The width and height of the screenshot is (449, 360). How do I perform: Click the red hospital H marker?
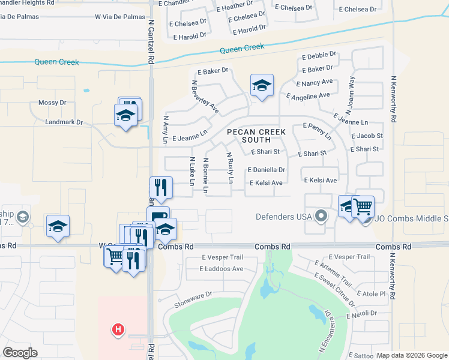119,329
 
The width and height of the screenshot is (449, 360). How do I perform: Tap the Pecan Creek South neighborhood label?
256,136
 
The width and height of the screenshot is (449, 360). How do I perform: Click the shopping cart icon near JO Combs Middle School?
363,206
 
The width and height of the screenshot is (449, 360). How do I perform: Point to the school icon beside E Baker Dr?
262,85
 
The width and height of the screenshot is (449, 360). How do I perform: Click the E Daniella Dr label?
266,170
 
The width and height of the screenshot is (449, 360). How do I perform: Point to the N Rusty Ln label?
229,167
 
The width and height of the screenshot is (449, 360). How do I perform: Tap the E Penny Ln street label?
318,131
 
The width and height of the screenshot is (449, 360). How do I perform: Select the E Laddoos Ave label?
221,269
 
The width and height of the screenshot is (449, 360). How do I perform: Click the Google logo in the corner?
20,352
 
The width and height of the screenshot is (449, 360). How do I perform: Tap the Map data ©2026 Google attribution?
411,355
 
